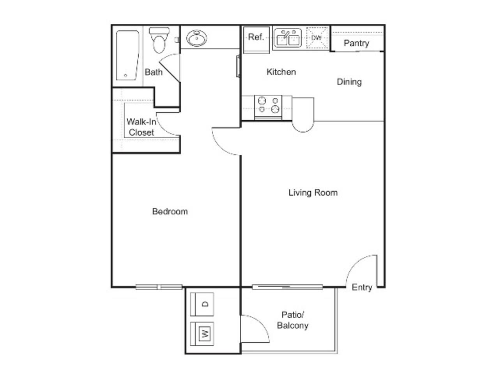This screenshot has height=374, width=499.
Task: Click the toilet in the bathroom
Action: (159, 41)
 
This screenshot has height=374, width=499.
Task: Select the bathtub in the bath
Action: (127, 55)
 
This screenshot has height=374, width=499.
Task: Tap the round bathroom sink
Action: (196, 38)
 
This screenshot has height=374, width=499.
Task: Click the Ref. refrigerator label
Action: (256, 37)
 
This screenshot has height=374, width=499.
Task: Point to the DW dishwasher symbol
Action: (317, 38)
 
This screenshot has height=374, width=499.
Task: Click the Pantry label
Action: (356, 43)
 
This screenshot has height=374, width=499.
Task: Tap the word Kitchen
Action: (281, 72)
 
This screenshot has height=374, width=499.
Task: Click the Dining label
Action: (349, 82)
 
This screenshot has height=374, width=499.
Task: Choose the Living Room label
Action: (313, 192)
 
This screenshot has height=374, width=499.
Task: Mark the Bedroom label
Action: (170, 212)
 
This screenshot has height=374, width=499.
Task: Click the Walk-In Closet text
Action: (141, 127)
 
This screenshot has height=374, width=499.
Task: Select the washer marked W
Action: (202, 333)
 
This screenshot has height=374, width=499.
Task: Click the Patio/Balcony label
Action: (292, 320)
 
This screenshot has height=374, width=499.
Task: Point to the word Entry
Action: (362, 288)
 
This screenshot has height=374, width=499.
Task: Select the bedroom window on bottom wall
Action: (159, 288)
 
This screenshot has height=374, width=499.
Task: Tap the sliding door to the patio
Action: (287, 288)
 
